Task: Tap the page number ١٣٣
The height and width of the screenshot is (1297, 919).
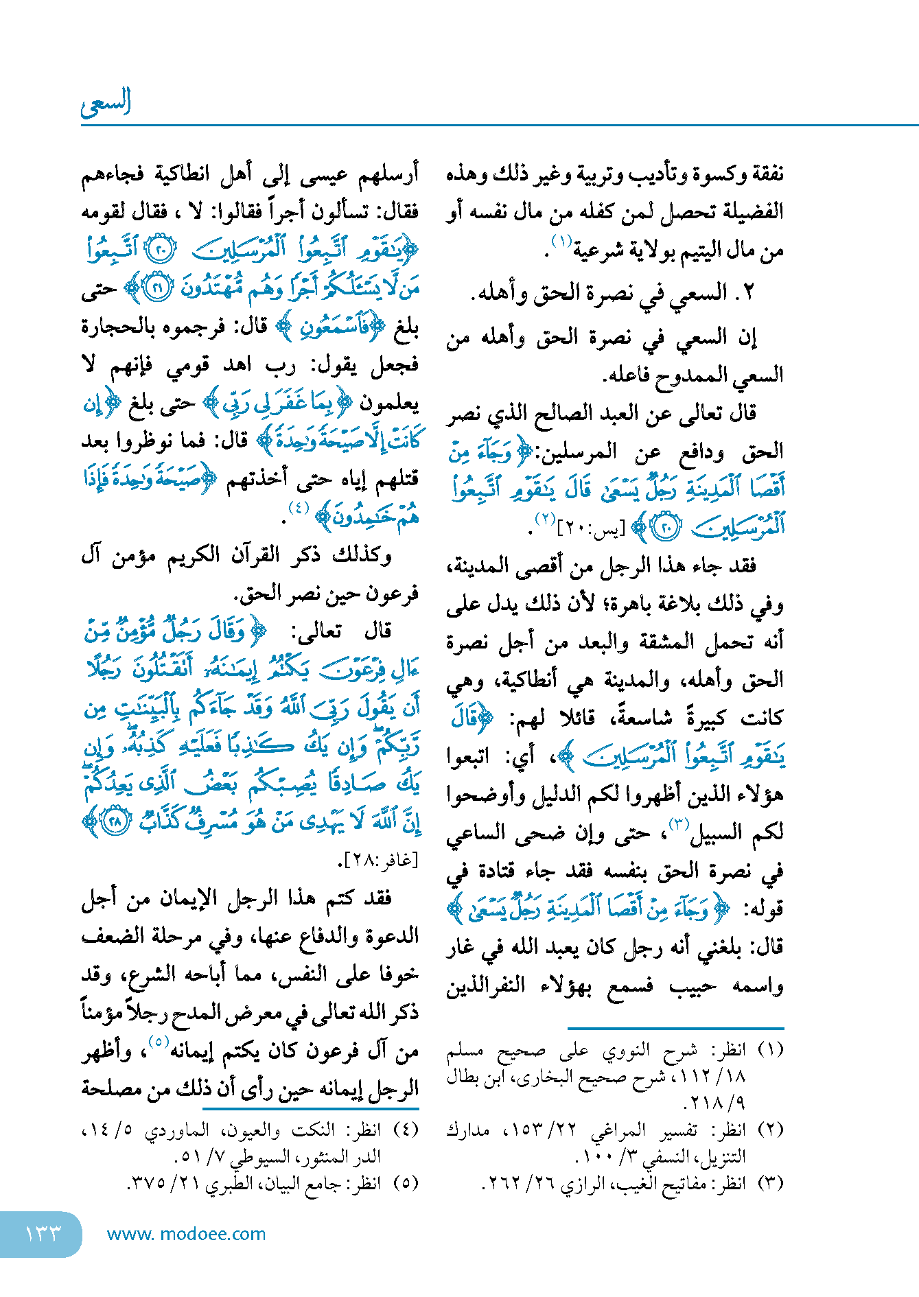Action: [43, 1233]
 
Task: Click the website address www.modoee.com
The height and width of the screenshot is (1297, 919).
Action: [186, 1234]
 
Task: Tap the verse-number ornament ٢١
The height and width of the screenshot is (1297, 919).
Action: [156, 289]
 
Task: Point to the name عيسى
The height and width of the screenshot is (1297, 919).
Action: [324, 174]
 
